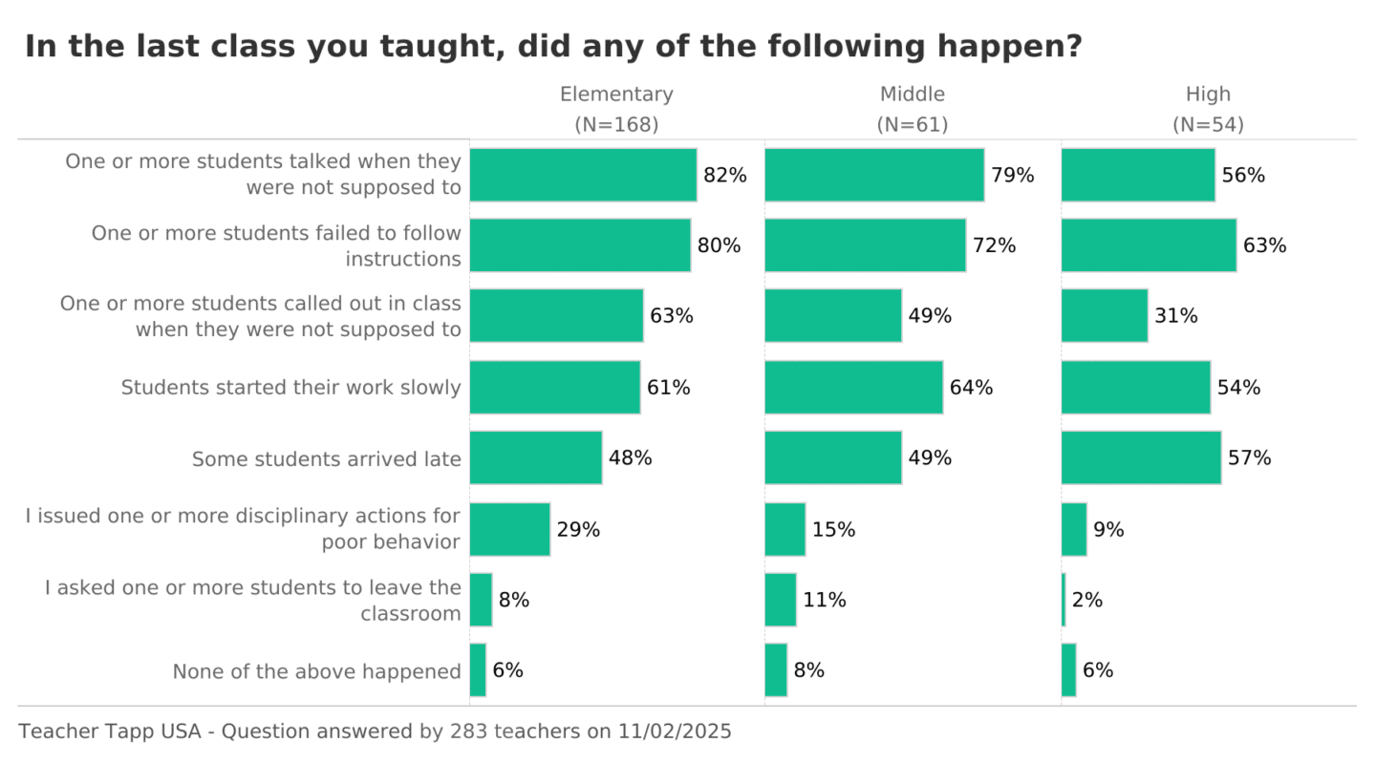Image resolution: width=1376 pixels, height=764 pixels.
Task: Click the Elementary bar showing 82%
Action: pos(583,175)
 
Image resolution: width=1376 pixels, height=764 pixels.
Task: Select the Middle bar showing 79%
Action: pos(874,175)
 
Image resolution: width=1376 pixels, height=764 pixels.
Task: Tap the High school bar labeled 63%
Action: pos(1149,245)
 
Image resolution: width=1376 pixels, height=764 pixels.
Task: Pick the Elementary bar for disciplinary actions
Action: pos(509,529)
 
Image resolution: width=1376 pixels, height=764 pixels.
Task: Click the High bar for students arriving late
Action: pos(1141,457)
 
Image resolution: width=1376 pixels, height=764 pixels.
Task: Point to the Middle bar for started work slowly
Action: pos(853,387)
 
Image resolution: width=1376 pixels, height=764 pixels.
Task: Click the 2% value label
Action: pos(1087,600)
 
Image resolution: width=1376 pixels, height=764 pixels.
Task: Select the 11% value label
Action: pos(824,600)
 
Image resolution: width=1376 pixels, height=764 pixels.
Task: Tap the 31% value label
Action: pos(1175,316)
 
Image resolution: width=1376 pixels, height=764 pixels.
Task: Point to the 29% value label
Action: pos(578,529)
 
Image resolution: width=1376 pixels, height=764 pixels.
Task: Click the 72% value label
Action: pos(994,245)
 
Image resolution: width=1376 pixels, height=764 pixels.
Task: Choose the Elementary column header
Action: pos(616,95)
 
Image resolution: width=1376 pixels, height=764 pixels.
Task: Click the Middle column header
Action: pos(912,95)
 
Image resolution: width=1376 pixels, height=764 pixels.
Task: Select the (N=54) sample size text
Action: pos(1208,125)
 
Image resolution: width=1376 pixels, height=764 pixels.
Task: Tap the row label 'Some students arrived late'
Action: pos(326,459)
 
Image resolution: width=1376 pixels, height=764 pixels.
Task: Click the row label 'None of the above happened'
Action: pos(316,671)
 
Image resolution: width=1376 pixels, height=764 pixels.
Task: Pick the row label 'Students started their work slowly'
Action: pos(290,388)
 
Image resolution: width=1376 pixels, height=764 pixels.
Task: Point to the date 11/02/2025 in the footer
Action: pos(677,732)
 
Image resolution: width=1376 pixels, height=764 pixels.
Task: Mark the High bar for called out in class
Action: pos(1104,316)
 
